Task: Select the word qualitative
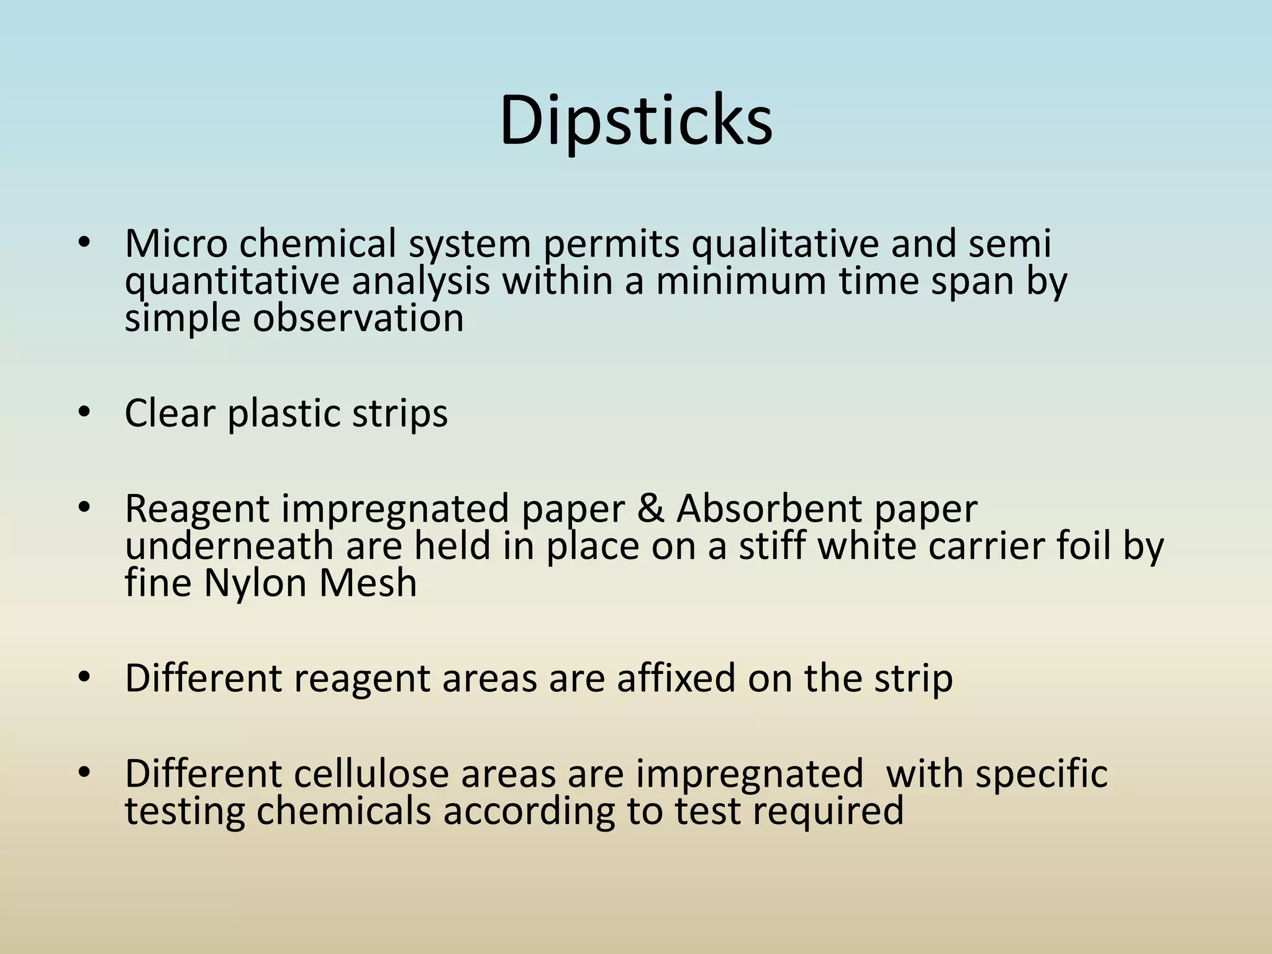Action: (x=785, y=244)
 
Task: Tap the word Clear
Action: (x=170, y=413)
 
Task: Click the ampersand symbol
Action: (x=650, y=509)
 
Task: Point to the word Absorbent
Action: (x=769, y=509)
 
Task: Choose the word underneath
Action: (x=229, y=546)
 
